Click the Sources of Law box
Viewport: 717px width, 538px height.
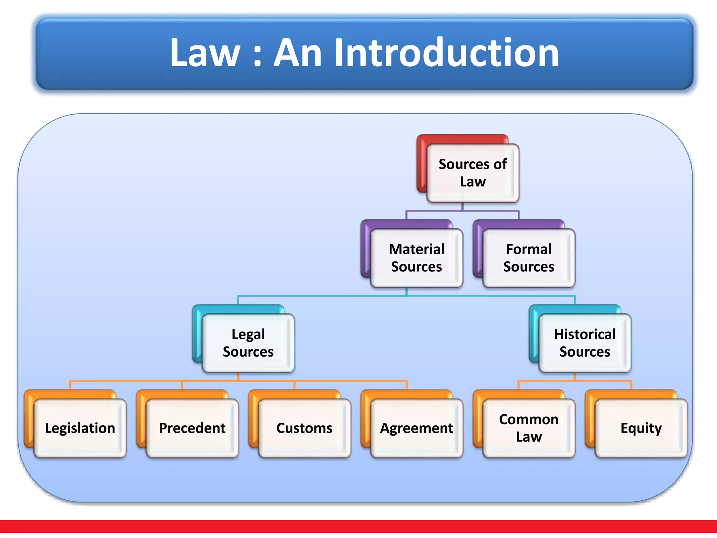473,173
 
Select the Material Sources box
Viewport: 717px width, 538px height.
417,258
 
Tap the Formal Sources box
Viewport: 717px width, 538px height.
529,258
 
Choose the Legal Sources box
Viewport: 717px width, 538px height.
248,343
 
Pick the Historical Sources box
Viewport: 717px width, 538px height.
585,343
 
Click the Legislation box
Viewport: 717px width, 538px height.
80,428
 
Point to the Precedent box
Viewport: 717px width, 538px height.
192,428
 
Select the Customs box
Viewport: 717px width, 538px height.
305,428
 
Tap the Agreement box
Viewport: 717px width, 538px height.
417,428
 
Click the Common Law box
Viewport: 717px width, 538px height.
529,428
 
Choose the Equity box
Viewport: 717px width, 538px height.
641,428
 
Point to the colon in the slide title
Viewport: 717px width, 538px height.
257,56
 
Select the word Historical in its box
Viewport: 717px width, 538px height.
585,334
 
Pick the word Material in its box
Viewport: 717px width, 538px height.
417,249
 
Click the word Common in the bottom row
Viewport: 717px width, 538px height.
529,419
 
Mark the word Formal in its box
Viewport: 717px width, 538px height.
529,249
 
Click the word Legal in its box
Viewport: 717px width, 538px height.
248,334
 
